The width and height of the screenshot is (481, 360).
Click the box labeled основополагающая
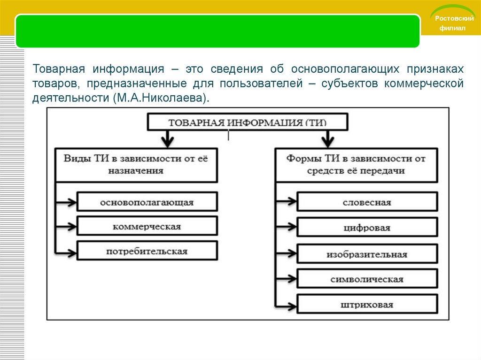pyautogui.click(x=147, y=202)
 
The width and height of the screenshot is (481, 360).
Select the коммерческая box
pyautogui.click(x=147, y=226)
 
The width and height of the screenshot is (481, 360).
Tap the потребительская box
pyautogui.click(x=147, y=251)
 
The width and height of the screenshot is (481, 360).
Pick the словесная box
pyautogui.click(x=367, y=202)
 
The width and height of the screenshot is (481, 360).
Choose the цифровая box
pyautogui.click(x=367, y=228)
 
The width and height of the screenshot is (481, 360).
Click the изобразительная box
pyautogui.click(x=367, y=254)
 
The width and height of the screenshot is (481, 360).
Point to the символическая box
pyautogui.click(x=367, y=279)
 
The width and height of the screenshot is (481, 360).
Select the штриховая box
pyautogui.click(x=367, y=305)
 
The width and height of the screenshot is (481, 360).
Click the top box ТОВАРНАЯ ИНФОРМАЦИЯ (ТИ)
pyautogui.click(x=248, y=123)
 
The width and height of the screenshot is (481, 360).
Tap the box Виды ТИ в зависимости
pyautogui.click(x=136, y=165)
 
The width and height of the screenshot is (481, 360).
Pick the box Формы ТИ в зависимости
pyautogui.click(x=356, y=165)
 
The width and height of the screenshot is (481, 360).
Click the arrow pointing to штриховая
pyautogui.click(x=287, y=305)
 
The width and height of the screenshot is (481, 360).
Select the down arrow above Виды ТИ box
pyautogui.click(x=166, y=139)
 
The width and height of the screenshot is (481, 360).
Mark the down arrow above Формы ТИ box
pyautogui.click(x=327, y=139)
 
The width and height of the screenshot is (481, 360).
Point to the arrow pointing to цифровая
pyautogui.click(x=287, y=228)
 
